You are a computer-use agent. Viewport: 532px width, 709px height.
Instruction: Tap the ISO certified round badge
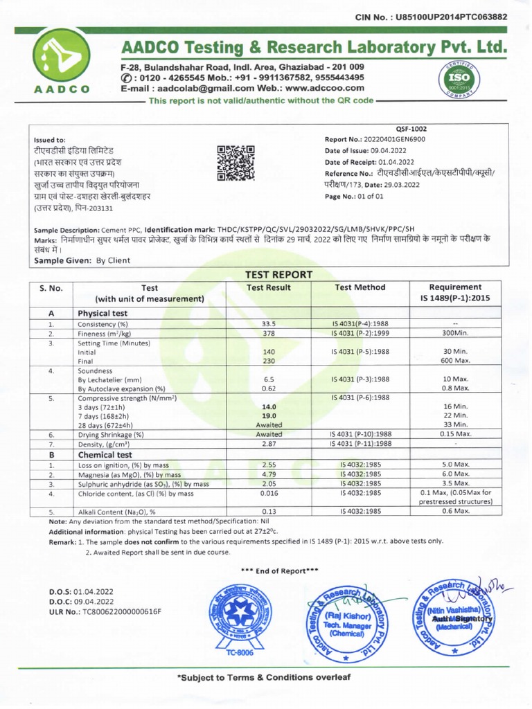click(x=459, y=82)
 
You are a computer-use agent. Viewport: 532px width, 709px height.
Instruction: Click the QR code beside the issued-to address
click(x=236, y=163)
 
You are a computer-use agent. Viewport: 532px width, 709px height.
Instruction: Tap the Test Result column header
click(x=269, y=287)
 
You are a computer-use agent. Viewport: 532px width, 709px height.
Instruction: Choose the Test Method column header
click(x=360, y=287)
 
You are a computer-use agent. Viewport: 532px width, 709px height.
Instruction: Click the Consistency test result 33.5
click(x=269, y=324)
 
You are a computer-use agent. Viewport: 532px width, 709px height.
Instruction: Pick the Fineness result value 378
click(x=269, y=334)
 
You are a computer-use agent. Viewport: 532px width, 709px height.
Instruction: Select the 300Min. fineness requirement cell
click(x=455, y=334)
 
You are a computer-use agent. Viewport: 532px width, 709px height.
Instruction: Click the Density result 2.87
click(x=269, y=444)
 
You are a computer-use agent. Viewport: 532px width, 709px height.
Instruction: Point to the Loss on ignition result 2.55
click(x=269, y=465)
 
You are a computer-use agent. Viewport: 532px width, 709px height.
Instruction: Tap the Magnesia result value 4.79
click(x=269, y=474)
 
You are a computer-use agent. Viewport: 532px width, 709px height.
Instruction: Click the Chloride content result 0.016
click(x=269, y=494)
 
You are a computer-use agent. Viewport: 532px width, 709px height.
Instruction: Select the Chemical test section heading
click(x=105, y=454)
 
